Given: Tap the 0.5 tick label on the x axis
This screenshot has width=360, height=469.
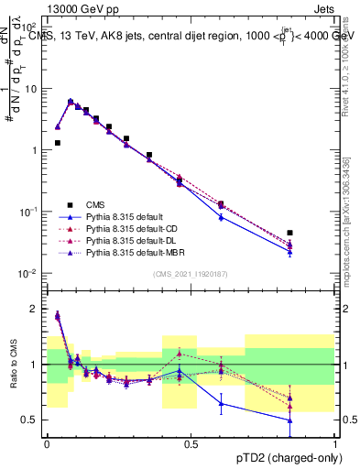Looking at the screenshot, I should click(191, 443).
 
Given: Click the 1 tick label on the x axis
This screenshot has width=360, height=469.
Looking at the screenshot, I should click(334, 443).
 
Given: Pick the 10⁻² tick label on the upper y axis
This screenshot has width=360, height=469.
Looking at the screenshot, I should click(28, 274).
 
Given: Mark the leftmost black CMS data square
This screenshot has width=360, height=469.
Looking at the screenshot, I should click(58, 143).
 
